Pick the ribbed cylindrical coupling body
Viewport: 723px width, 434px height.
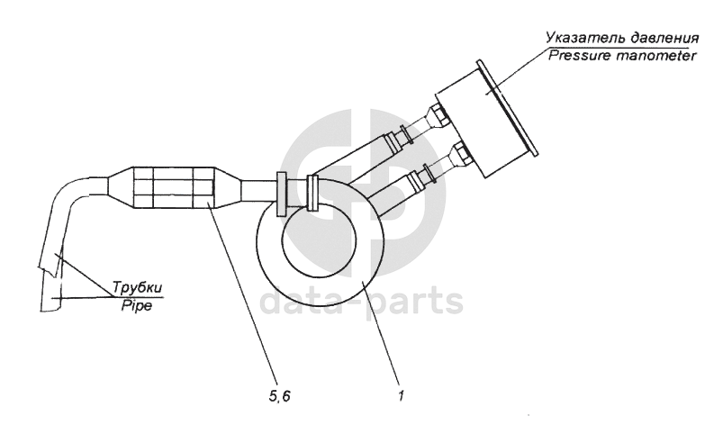tap(176, 188)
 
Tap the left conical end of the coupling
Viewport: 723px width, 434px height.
tap(120, 188)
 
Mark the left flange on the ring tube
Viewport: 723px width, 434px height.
tap(282, 192)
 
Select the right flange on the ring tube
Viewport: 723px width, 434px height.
tap(312, 192)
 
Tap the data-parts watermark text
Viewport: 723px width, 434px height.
tap(361, 302)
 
